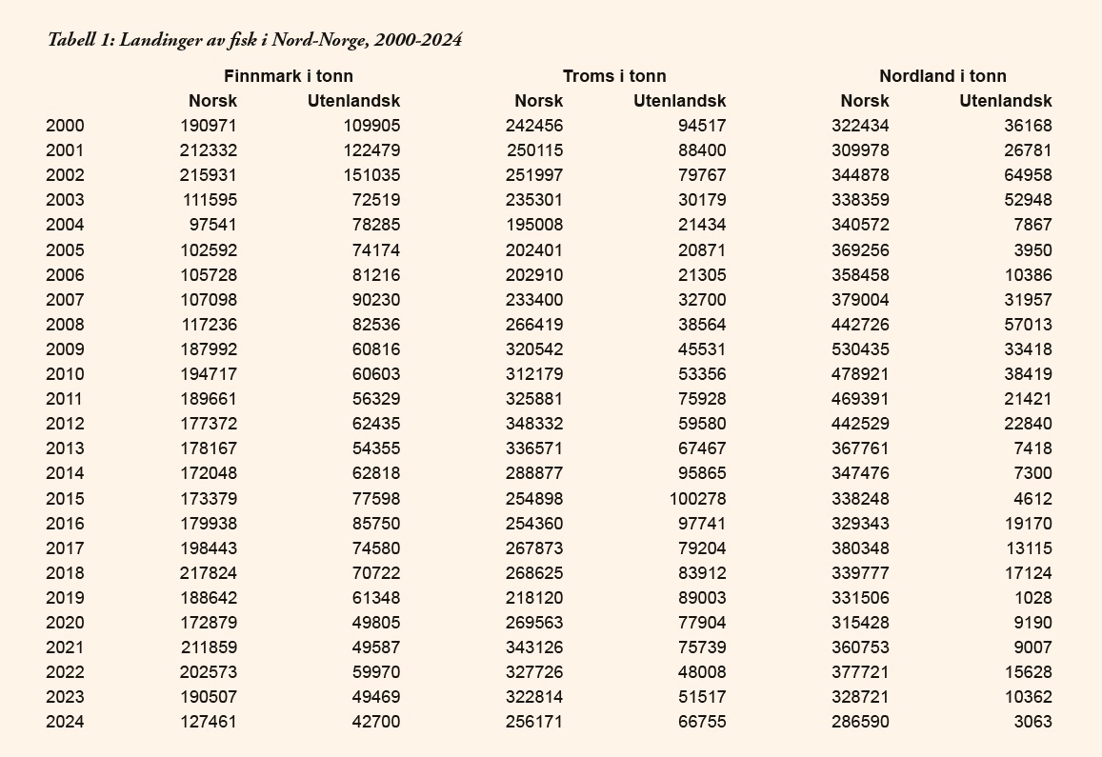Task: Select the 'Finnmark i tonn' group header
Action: click(288, 76)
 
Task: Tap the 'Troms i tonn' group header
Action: click(614, 76)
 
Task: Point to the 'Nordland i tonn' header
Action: click(942, 76)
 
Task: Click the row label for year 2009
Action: click(65, 349)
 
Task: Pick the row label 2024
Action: click(65, 722)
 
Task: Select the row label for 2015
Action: click(65, 498)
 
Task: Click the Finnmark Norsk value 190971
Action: click(209, 126)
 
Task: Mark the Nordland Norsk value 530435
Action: click(860, 349)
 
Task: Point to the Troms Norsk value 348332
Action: click(534, 424)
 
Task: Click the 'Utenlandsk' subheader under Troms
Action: click(679, 101)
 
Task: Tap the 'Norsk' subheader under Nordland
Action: click(865, 101)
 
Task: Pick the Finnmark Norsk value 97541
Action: click(212, 225)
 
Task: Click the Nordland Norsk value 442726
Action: click(860, 325)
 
